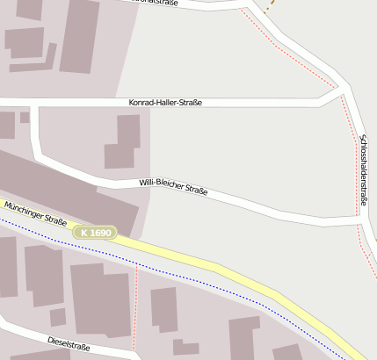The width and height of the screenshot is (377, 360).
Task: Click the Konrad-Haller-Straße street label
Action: coord(165,103)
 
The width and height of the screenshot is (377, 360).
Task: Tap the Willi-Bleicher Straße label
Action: coord(173,186)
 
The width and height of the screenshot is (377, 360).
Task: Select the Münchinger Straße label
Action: coord(35,213)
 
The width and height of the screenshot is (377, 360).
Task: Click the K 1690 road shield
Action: coord(95,233)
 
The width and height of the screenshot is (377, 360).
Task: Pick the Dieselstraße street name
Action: coord(69,342)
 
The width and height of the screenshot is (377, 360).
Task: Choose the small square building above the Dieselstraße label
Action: coord(58,316)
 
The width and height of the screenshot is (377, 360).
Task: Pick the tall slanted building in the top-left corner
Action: coord(79,35)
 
